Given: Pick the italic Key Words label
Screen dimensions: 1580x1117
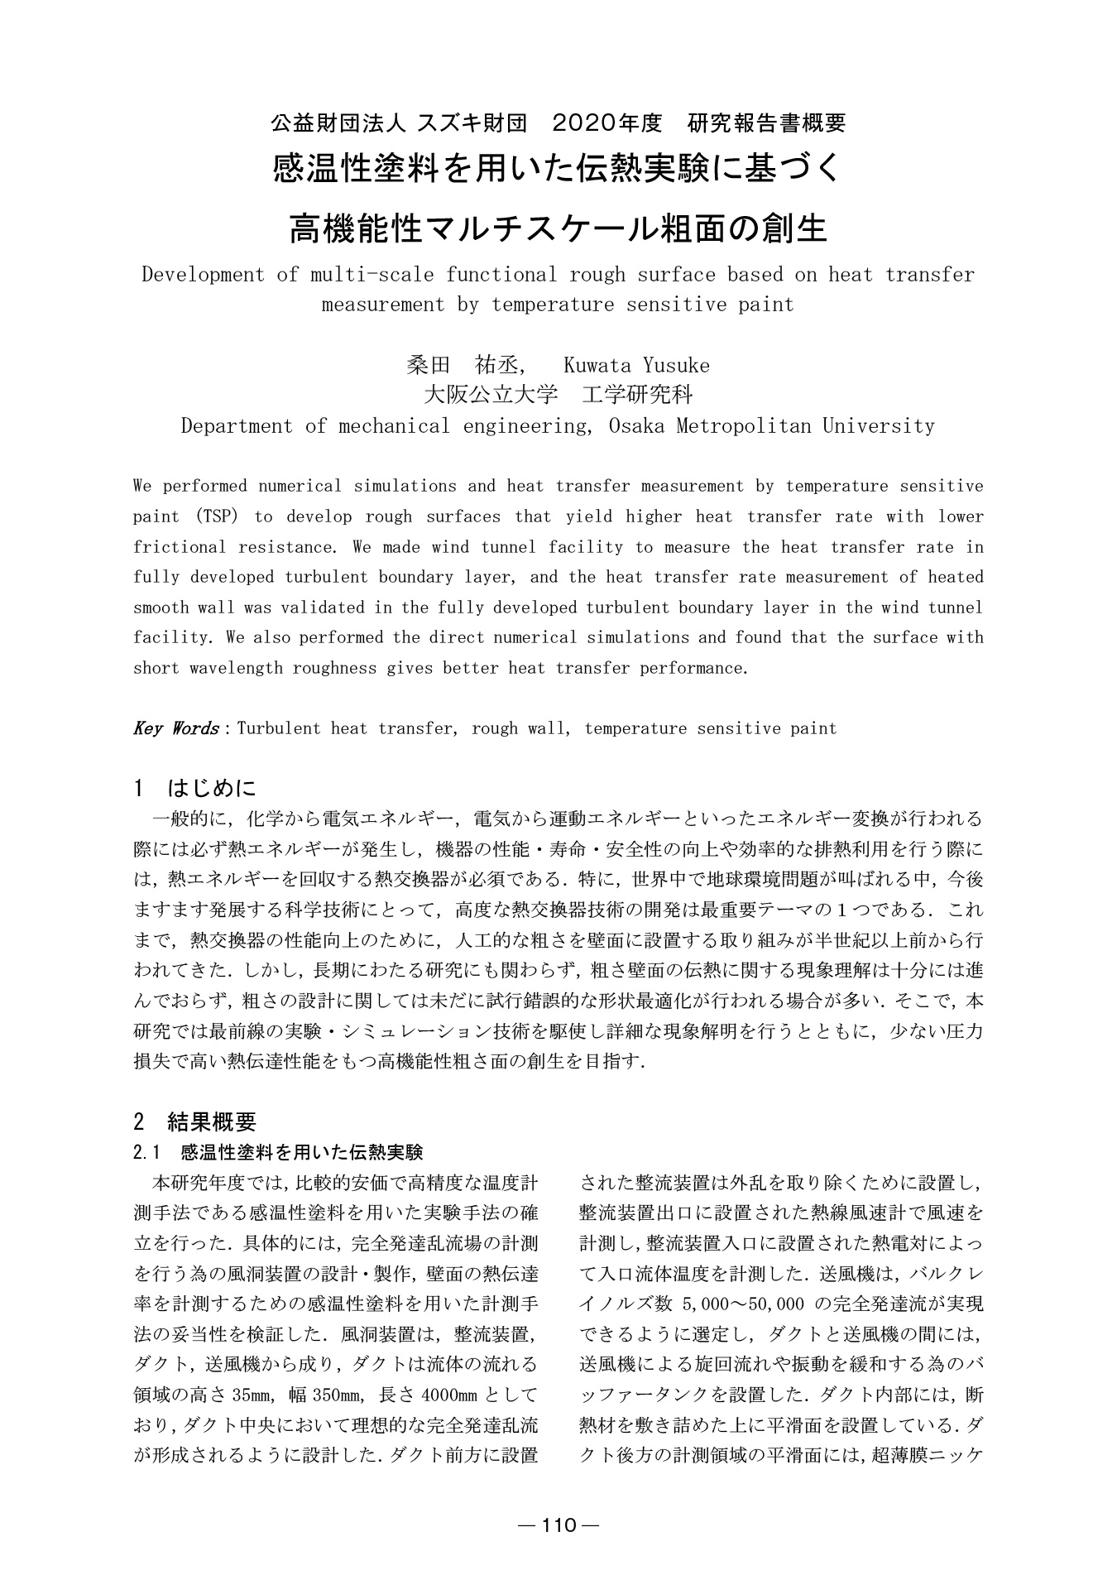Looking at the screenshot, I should [175, 728].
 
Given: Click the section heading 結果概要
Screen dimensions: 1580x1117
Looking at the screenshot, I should [212, 1121].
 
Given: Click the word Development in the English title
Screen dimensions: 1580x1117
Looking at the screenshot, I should [204, 275].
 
